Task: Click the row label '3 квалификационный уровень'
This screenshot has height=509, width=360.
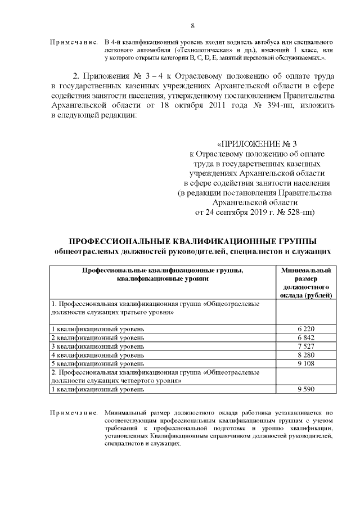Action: [x=97, y=346]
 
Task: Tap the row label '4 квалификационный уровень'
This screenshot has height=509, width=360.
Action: [x=97, y=355]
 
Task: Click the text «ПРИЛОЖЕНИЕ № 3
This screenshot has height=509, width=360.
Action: [x=260, y=143]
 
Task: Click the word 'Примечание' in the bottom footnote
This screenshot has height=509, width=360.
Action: [x=74, y=413]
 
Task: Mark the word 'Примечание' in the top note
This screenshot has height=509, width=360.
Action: [x=74, y=42]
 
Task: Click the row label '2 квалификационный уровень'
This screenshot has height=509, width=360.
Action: [x=97, y=337]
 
